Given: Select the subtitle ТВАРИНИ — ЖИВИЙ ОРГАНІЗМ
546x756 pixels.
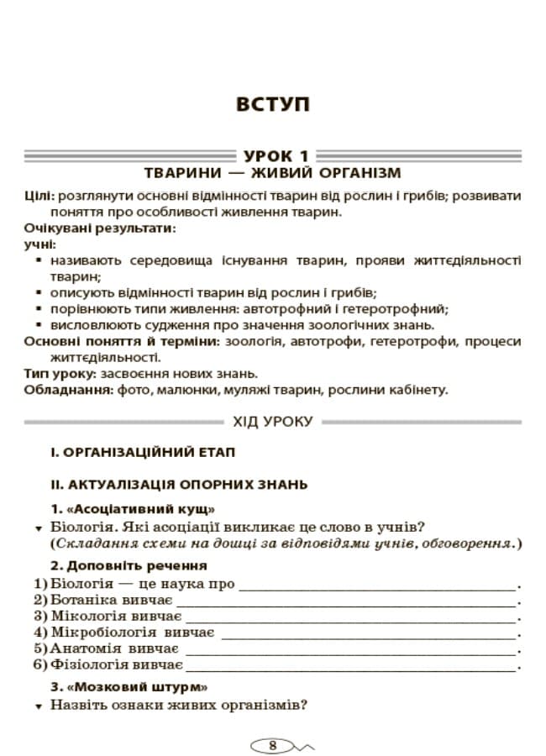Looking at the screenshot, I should point(273,174).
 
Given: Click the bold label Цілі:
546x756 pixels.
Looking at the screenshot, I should point(39,196).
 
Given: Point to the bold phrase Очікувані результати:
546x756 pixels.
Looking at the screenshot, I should point(100,228).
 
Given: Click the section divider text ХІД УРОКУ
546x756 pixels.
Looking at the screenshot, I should point(272,422).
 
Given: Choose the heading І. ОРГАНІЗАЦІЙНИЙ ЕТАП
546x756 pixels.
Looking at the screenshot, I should point(142,453).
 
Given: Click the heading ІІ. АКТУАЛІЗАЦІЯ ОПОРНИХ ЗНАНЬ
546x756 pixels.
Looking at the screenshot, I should point(179,485).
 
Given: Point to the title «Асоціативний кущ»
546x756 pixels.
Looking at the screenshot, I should point(139,510).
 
